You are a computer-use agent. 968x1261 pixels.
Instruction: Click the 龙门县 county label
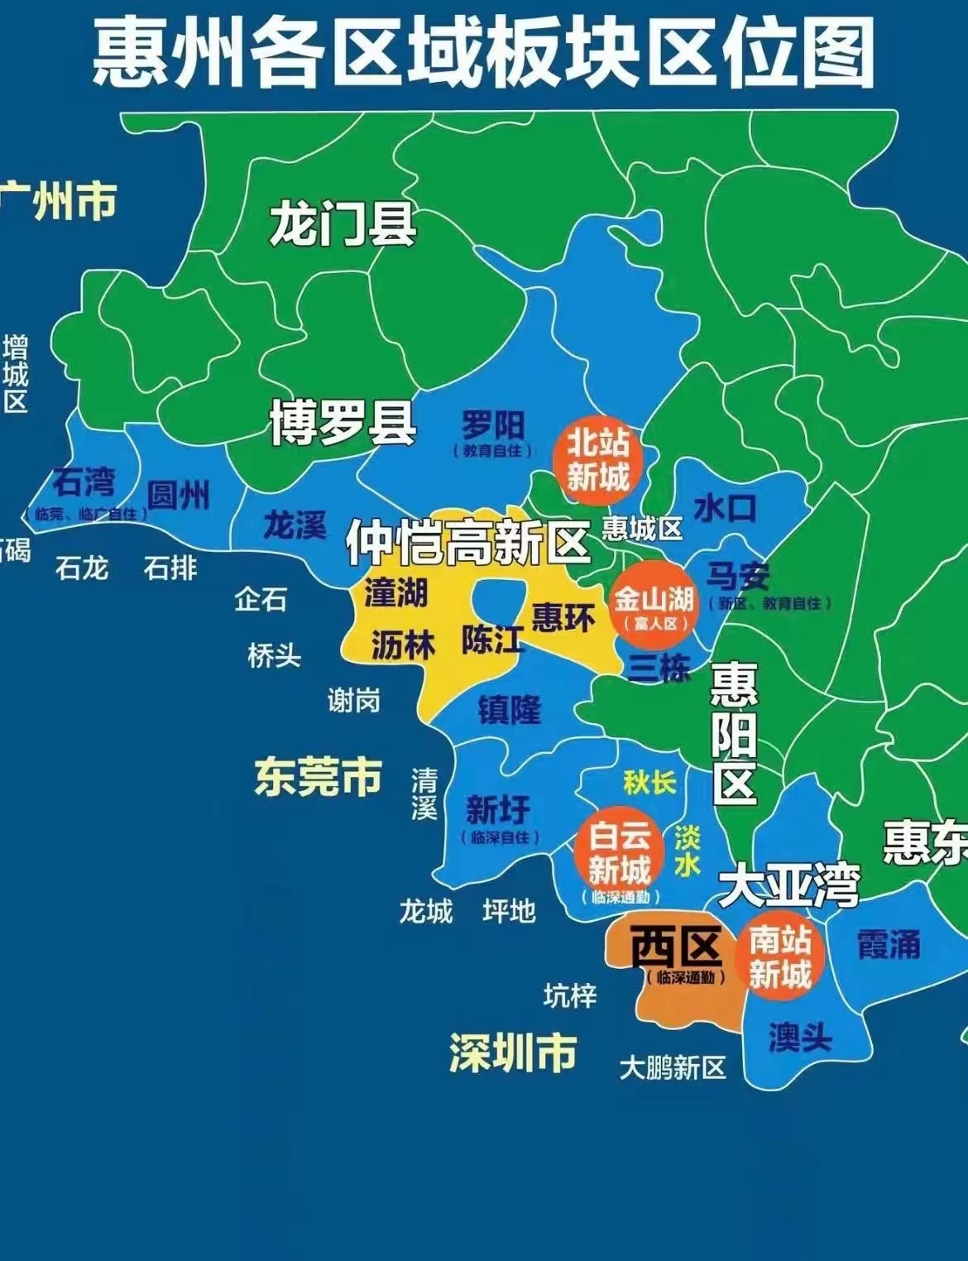(343, 223)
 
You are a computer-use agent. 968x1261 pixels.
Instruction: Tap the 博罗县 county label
(343, 424)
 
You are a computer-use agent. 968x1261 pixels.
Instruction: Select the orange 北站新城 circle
(598, 460)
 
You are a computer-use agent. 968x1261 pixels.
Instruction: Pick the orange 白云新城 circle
(620, 855)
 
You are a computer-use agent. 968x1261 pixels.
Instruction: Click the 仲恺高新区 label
(467, 543)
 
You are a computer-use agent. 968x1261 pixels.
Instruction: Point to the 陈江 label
(492, 638)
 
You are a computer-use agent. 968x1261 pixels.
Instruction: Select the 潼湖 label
(395, 593)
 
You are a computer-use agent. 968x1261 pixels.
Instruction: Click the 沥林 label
(403, 645)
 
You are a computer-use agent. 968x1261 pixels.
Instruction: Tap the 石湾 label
(84, 482)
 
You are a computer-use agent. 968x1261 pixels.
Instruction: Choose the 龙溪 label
(295, 525)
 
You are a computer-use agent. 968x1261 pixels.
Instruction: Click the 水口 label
(725, 508)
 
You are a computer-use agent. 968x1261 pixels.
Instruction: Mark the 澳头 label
(799, 1037)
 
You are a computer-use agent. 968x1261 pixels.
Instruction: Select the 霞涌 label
(888, 944)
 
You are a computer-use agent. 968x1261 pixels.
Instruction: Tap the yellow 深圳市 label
(513, 1052)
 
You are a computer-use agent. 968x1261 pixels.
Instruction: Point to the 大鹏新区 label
(673, 1068)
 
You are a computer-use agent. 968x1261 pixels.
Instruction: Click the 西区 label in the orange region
(676, 947)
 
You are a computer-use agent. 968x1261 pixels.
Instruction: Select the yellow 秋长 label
(649, 782)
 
